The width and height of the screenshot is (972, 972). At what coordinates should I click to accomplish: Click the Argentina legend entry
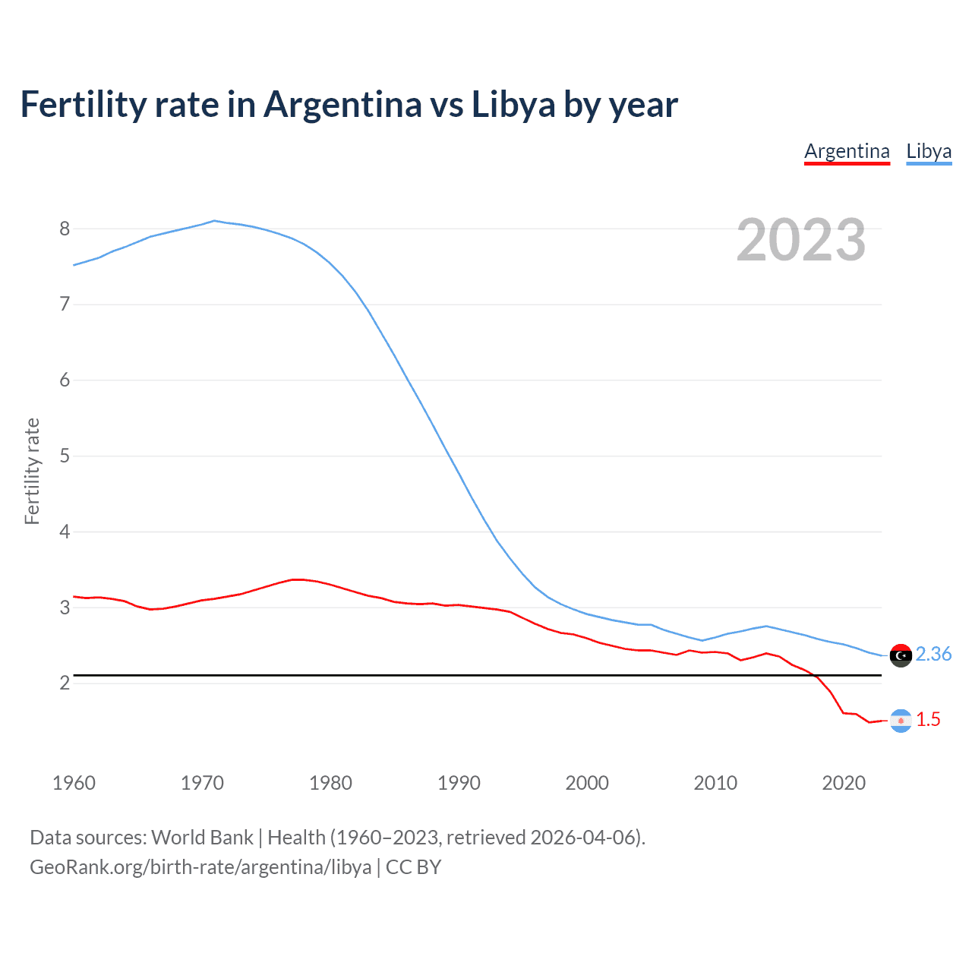(x=847, y=151)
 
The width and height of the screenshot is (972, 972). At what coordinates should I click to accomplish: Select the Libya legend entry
(x=929, y=151)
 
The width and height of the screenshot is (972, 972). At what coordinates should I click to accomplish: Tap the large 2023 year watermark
(x=801, y=240)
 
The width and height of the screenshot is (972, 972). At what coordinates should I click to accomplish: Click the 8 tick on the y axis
(x=65, y=229)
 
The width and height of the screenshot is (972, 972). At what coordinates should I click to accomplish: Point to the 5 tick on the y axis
(x=65, y=456)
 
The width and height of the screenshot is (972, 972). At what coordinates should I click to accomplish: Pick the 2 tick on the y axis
(x=65, y=683)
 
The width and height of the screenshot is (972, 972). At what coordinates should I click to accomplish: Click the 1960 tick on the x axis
(x=74, y=783)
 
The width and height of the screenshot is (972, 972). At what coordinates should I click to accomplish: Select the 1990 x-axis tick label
(x=459, y=783)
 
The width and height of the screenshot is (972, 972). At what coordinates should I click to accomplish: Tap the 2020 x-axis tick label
(x=844, y=783)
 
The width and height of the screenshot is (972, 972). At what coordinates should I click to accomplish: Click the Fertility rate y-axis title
(x=32, y=471)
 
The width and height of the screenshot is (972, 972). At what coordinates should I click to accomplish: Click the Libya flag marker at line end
(x=901, y=655)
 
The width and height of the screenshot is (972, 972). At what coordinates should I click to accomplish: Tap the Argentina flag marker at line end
(x=901, y=721)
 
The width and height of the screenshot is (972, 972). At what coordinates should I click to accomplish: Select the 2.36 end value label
(x=933, y=654)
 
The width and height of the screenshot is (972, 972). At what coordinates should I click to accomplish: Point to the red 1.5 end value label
(x=928, y=719)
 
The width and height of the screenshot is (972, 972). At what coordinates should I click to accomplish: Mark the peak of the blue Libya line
(x=214, y=221)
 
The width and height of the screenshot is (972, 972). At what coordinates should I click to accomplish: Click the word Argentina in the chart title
(x=342, y=105)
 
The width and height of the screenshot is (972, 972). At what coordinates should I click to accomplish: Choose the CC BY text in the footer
(x=413, y=867)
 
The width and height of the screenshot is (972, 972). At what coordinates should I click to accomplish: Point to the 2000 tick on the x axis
(x=587, y=783)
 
